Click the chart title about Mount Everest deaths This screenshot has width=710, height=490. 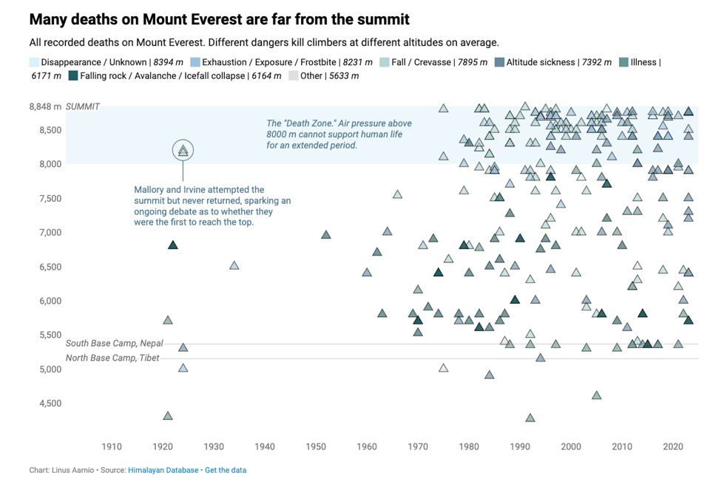(219, 18)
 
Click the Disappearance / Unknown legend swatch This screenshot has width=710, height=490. (35, 63)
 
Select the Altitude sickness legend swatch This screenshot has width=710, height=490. (500, 63)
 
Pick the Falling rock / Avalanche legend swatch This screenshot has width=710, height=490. (72, 76)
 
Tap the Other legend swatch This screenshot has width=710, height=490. (294, 76)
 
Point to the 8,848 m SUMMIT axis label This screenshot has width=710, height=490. (64, 106)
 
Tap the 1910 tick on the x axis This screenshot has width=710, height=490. (112, 446)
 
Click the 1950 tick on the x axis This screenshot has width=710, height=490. (316, 446)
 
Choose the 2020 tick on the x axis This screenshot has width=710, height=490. (673, 446)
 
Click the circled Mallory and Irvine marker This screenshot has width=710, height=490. (183, 151)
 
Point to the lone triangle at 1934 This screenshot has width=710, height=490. (234, 265)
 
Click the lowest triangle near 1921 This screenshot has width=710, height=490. (168, 416)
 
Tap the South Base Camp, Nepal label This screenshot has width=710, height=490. (114, 344)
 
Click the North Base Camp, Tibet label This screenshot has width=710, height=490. (112, 358)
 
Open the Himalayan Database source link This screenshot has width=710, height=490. (163, 470)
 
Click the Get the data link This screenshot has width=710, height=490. (226, 470)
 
